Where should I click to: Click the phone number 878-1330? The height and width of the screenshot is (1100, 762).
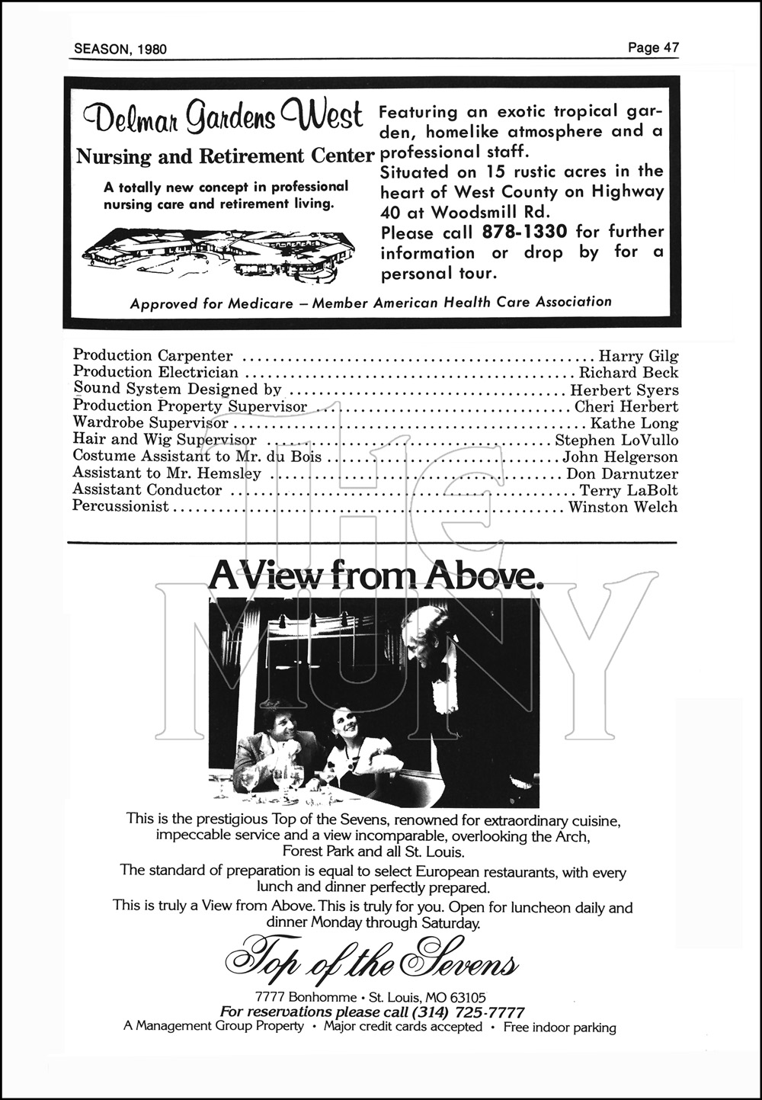coord(525,232)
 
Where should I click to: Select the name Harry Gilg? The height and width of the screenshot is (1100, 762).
coord(639,356)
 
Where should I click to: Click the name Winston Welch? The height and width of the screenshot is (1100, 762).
coord(623,507)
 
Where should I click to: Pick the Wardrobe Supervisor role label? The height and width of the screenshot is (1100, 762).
coord(151,422)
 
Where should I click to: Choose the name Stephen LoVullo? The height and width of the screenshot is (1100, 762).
coord(616,440)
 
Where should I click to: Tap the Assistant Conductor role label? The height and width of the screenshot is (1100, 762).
coord(147,490)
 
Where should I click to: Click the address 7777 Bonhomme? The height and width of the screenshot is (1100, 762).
coord(306,997)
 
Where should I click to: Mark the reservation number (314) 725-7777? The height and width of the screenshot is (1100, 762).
coord(468,1012)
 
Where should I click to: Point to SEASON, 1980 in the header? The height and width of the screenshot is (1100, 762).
coord(120,50)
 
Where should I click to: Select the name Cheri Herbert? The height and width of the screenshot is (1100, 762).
coord(626,406)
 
